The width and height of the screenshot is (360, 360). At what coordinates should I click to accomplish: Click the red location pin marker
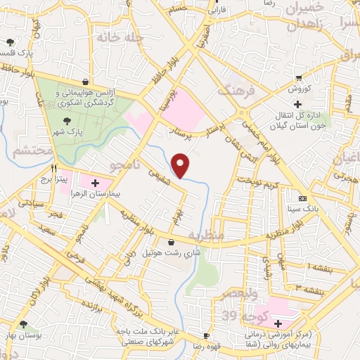pyautogui.click(x=182, y=166)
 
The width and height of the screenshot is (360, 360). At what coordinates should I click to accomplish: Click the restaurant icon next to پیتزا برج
pyautogui.click(x=54, y=169)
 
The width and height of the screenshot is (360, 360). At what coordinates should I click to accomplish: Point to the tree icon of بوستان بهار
pyautogui.click(x=24, y=324)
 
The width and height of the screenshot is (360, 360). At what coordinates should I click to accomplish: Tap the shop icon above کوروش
pyautogui.click(x=299, y=77)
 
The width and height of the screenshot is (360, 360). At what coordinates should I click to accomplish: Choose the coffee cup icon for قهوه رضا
pyautogui.click(x=206, y=335)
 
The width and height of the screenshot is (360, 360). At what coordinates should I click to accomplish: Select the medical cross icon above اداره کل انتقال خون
pyautogui.click(x=297, y=104)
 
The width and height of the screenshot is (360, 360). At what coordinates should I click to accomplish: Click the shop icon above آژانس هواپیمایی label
pyautogui.click(x=86, y=82)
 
